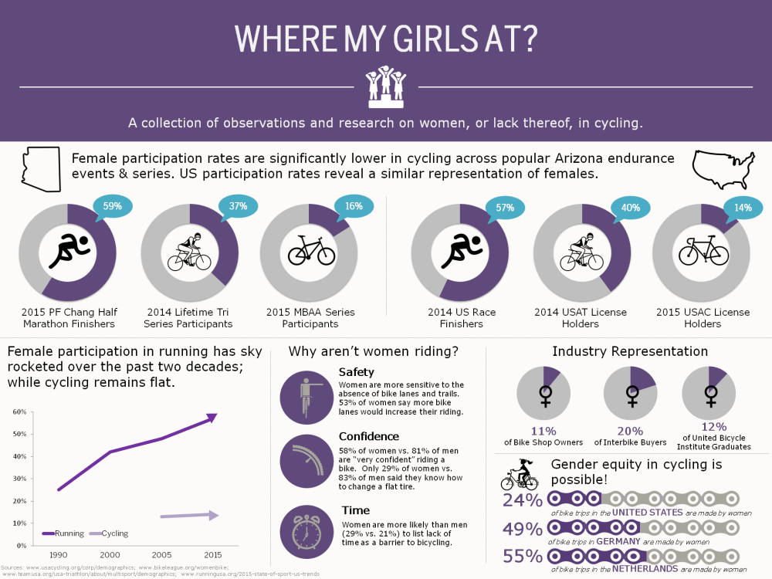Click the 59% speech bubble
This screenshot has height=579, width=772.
tap(113, 206)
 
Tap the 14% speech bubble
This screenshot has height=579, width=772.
tap(742, 207)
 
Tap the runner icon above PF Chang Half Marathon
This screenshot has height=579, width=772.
tap(67, 252)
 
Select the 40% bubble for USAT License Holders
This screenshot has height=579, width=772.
tap(629, 207)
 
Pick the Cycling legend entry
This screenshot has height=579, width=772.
tap(108, 533)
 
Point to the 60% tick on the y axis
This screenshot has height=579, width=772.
tap(20, 411)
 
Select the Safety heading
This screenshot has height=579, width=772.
tap(356, 373)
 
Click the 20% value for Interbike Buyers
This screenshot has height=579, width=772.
tap(629, 431)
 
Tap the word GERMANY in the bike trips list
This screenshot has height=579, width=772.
tap(617, 541)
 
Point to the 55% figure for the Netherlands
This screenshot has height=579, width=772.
tap(522, 557)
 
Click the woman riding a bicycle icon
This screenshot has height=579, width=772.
tap(520, 475)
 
